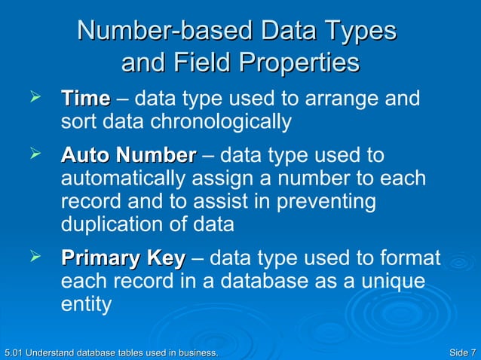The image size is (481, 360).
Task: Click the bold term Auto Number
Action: (127, 156)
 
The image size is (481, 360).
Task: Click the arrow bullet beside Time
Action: (32, 98)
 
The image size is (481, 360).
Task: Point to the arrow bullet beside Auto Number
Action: (32, 154)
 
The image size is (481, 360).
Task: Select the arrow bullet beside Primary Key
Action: (32, 258)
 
